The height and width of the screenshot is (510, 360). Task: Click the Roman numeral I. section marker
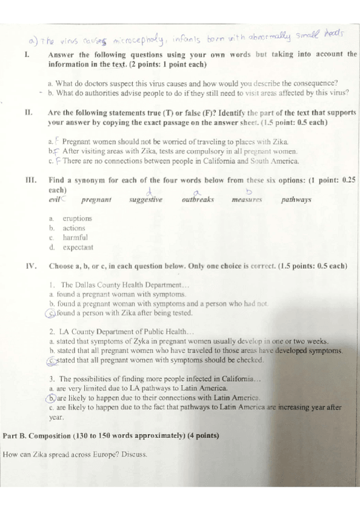[x=26, y=54]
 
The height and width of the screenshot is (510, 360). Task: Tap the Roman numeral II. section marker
[x=28, y=112]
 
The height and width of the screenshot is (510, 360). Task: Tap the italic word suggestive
[x=145, y=200]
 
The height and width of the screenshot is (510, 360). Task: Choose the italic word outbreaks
[x=198, y=199]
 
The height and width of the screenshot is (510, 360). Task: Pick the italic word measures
[x=246, y=199]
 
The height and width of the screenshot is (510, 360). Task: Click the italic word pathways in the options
[x=296, y=199]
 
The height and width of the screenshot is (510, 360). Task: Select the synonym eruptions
[x=78, y=219]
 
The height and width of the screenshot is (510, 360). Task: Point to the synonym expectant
[x=78, y=247]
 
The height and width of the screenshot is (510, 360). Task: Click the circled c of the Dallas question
[x=52, y=313]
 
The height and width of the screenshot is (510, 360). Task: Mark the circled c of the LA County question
[x=52, y=360]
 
